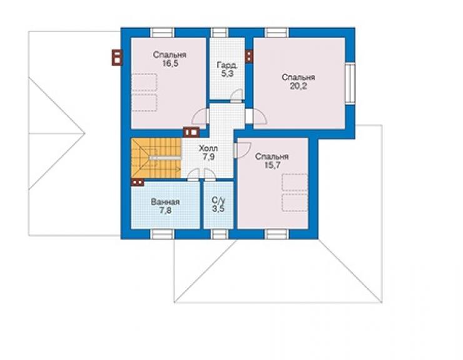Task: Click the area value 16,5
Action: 170,63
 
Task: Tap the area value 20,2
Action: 298,86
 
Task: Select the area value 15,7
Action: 272,165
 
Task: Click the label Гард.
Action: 226,65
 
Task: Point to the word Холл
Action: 209,148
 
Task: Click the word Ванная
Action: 165,202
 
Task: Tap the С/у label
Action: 218,200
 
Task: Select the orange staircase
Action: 156,158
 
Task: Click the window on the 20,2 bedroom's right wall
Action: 350,83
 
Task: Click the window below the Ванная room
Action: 162,234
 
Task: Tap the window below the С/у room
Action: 220,234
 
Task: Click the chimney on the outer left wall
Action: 117,58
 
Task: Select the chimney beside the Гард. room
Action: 249,56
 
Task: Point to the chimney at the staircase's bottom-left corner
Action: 138,182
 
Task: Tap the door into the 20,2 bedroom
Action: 257,116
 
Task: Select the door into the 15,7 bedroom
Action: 242,150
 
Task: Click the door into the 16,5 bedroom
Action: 201,116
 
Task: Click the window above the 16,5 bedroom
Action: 162,33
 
